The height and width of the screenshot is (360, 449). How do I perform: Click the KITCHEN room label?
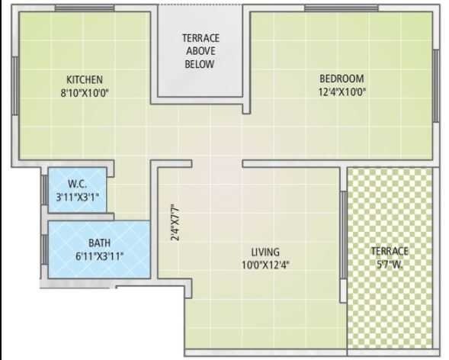click(x=84, y=79)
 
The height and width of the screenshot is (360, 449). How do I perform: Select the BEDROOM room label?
click(x=341, y=79)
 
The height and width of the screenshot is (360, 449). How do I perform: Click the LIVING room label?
click(x=265, y=252)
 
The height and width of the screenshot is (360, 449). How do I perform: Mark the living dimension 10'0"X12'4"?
click(x=265, y=265)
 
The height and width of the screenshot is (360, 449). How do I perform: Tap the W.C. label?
click(x=76, y=183)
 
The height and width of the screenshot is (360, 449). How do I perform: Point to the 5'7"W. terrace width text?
click(x=390, y=264)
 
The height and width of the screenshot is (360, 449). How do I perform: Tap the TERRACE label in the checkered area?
click(x=390, y=251)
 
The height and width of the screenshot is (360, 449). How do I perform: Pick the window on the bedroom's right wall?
click(x=436, y=85)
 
